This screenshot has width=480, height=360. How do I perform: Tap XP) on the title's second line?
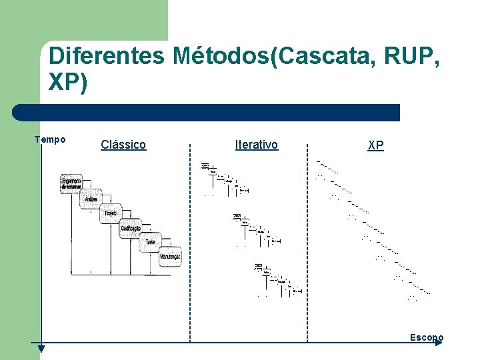click(68, 83)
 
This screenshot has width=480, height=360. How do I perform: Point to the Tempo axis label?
click(50, 139)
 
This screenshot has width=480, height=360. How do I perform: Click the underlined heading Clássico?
click(123, 145)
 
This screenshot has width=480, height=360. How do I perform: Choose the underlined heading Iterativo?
click(257, 144)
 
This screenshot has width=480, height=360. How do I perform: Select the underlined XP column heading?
click(375, 145)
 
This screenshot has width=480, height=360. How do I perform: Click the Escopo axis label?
click(426, 337)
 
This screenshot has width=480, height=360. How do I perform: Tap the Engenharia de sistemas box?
click(71, 183)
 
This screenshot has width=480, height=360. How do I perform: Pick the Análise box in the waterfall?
click(92, 199)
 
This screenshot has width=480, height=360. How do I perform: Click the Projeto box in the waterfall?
click(111, 213)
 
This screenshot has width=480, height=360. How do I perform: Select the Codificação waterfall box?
click(131, 228)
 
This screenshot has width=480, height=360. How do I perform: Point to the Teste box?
click(151, 242)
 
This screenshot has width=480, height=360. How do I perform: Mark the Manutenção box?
click(170, 257)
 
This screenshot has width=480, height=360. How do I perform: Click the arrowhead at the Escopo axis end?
click(438, 343)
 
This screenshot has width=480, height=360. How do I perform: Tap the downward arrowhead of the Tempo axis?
click(41, 347)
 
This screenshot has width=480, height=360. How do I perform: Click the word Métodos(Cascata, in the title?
click(269, 56)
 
